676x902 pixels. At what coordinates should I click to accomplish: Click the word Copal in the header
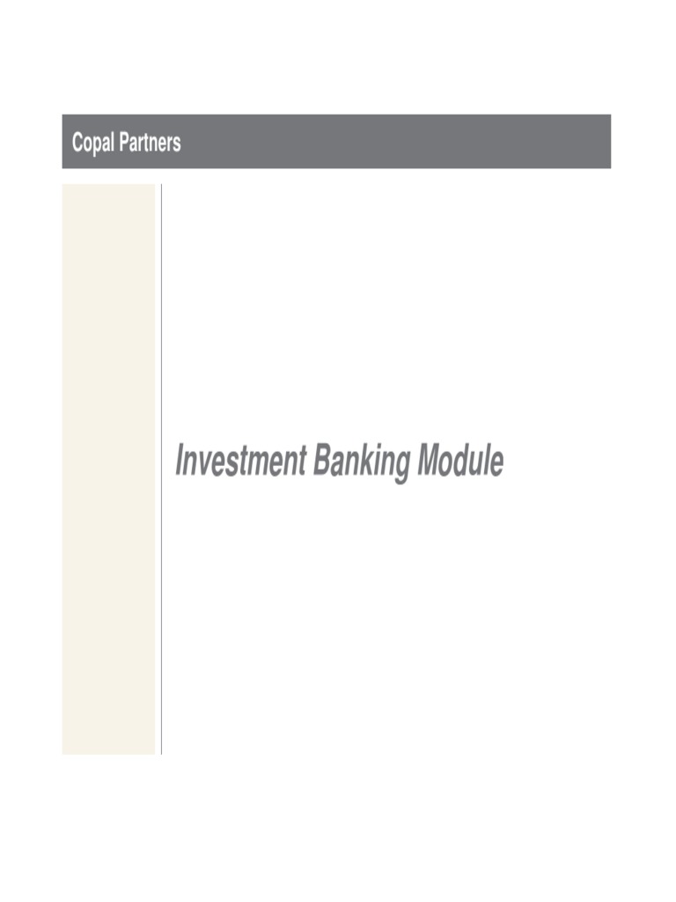click(x=92, y=143)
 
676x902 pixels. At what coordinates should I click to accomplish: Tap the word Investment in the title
click(x=241, y=461)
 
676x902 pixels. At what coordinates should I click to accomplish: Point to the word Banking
click(x=362, y=462)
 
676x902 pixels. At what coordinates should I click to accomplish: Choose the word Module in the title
click(x=460, y=461)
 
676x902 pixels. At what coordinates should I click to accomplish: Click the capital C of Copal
click(x=77, y=142)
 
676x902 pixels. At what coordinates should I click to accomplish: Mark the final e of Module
click(x=496, y=465)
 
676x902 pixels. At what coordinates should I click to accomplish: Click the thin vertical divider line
click(x=162, y=469)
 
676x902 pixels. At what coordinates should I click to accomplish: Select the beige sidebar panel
click(x=108, y=469)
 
